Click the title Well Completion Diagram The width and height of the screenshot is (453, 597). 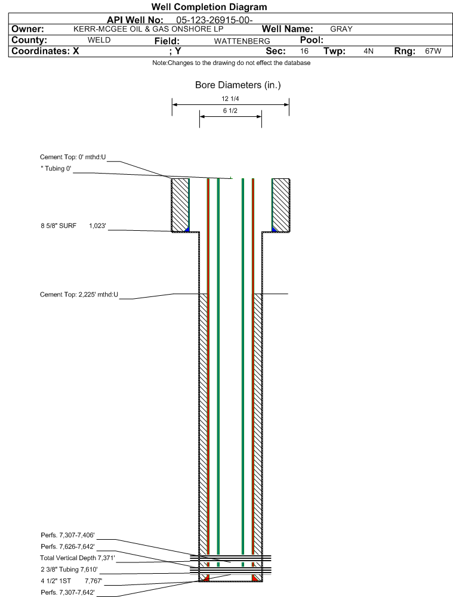point(209,7)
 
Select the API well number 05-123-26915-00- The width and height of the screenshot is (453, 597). point(214,20)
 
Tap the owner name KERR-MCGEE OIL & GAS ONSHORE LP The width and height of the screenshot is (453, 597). point(148,29)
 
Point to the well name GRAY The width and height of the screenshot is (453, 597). point(341,29)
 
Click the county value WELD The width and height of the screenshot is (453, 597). point(99,40)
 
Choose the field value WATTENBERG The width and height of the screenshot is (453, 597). point(242,41)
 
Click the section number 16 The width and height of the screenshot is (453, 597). point(304,51)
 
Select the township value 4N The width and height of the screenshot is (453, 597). point(368,51)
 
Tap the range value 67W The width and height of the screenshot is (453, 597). point(433,51)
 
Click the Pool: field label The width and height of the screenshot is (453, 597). point(312,40)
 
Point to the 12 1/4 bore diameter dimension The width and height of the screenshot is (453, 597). point(230,98)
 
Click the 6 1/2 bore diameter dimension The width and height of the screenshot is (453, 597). point(230,110)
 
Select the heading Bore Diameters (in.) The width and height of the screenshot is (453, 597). point(238,85)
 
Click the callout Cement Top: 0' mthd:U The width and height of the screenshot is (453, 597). point(73,157)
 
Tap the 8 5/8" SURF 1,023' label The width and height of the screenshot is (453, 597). point(73,225)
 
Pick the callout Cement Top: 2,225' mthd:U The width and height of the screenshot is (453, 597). point(79,294)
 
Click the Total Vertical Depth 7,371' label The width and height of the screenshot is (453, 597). point(78,558)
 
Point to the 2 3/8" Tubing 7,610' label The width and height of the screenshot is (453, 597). point(69,570)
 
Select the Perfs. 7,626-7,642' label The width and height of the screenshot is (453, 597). point(67,546)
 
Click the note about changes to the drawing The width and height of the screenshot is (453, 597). point(231,63)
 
